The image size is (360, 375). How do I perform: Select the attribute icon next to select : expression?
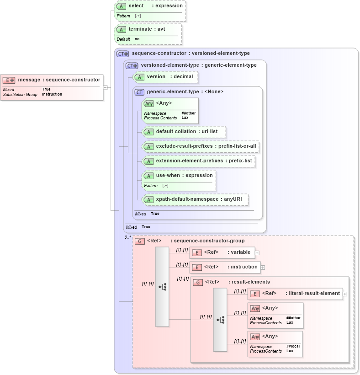tap(122, 6)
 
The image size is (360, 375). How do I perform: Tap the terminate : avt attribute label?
tap(147, 29)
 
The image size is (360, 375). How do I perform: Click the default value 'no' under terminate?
tap(137, 39)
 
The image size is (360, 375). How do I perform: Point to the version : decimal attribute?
tap(169, 77)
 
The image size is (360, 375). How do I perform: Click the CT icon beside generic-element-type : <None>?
tap(140, 92)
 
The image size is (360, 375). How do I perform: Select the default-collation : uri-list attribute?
tap(186, 132)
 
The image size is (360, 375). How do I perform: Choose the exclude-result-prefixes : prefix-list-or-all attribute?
tap(206, 146)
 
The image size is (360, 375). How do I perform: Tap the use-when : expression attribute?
tap(184, 176)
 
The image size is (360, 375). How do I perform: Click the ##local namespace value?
tap(293, 347)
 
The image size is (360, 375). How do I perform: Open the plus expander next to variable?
tap(257, 252)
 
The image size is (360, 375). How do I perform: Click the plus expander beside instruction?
tap(263, 268)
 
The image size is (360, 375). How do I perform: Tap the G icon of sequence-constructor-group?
tap(140, 241)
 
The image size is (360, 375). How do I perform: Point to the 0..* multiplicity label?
tap(127, 237)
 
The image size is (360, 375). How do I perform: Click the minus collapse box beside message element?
tap(105, 87)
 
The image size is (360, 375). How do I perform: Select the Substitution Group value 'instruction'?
tap(52, 95)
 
